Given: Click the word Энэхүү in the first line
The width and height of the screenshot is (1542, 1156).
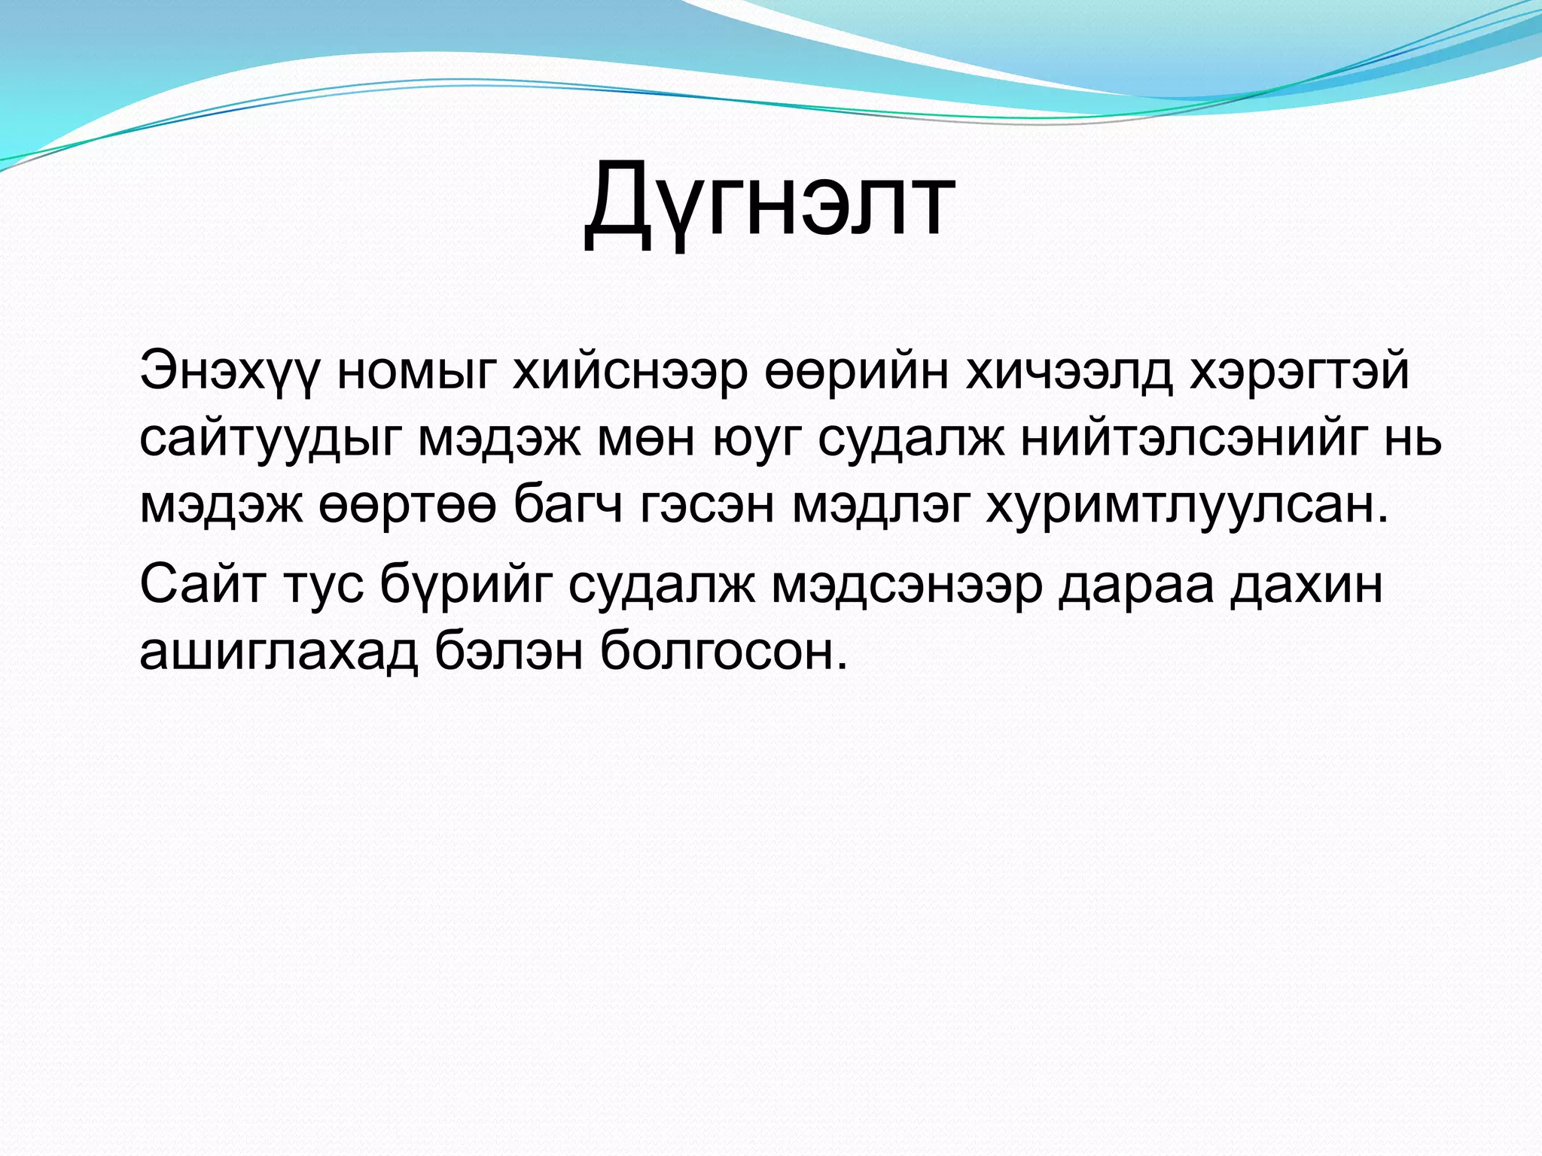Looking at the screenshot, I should pyautogui.click(x=230, y=372).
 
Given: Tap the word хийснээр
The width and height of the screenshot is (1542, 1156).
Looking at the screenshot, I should pyautogui.click(x=630, y=372).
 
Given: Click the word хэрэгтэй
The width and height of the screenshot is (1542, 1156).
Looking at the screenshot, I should pyautogui.click(x=1299, y=372).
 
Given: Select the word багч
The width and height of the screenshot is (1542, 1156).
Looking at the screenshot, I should pyautogui.click(x=568, y=506).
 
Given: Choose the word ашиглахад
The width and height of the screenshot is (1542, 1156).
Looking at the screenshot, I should pyautogui.click(x=278, y=651).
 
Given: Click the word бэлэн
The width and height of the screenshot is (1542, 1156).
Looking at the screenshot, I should pyautogui.click(x=509, y=651).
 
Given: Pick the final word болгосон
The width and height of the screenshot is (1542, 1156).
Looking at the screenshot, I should pyautogui.click(x=724, y=651).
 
